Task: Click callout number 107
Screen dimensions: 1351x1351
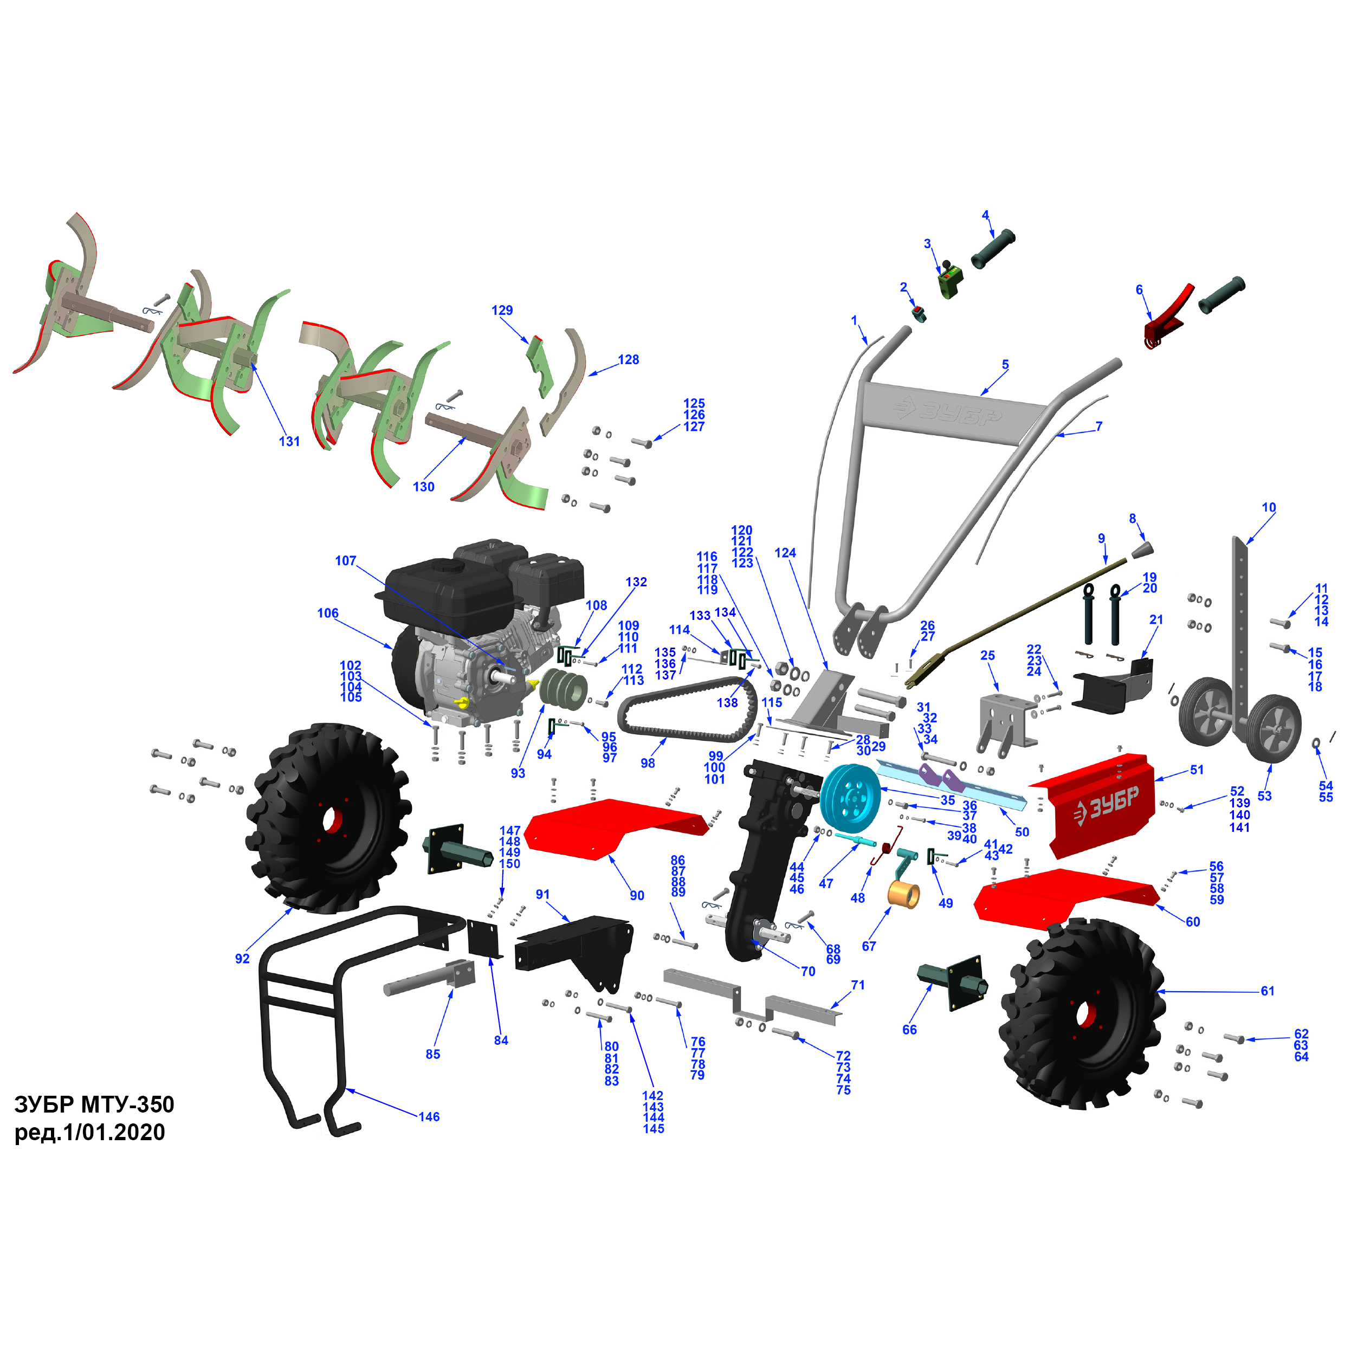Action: tap(345, 561)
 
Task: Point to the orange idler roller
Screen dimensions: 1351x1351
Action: tap(903, 894)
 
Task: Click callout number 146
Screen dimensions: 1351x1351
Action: tap(429, 1117)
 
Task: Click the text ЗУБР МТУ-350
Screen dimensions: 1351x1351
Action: tap(94, 1104)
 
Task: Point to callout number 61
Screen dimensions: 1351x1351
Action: tap(1268, 991)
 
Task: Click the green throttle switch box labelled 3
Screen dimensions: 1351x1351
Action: tap(949, 282)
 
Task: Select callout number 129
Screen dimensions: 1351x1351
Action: tap(502, 310)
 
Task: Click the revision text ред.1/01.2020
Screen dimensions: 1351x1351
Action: tap(90, 1132)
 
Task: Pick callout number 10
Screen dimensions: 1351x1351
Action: tap(1269, 507)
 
